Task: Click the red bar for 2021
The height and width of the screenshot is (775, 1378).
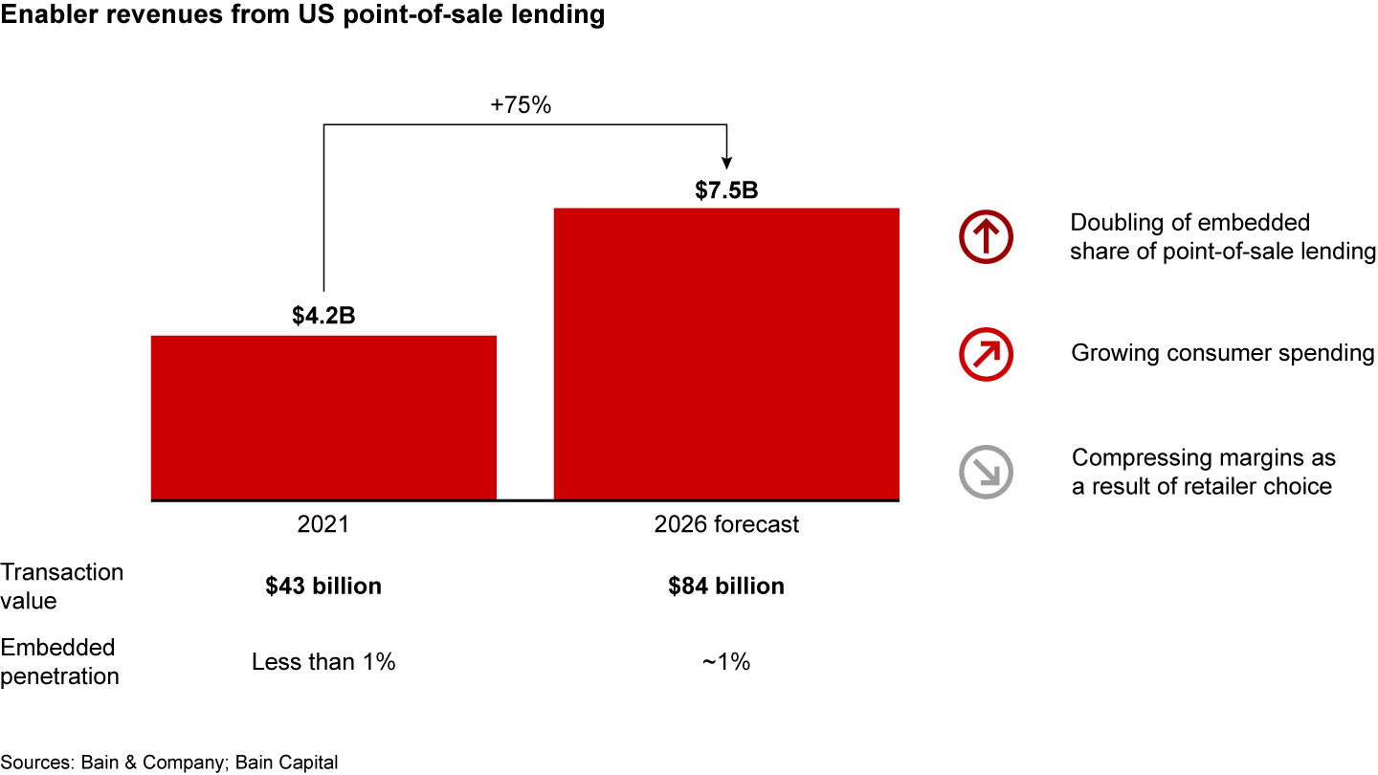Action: tap(323, 417)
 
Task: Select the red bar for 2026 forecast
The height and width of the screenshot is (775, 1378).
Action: tap(726, 353)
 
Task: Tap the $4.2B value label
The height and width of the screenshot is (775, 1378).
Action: tap(323, 316)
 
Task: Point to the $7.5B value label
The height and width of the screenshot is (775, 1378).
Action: tap(726, 189)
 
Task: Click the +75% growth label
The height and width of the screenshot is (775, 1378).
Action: tap(521, 106)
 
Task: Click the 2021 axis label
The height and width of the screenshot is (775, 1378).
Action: tap(323, 525)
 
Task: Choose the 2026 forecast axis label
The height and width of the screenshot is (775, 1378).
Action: tap(726, 525)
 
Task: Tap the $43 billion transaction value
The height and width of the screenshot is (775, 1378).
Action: tap(323, 587)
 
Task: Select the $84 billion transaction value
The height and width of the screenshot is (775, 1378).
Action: tap(726, 587)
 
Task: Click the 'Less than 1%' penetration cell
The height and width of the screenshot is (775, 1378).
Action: tap(323, 662)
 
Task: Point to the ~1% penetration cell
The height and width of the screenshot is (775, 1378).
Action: tap(726, 662)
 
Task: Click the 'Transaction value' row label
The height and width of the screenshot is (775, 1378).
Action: tap(62, 587)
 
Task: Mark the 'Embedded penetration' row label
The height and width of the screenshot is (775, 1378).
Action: tap(59, 662)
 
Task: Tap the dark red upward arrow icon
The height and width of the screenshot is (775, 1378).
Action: tap(986, 237)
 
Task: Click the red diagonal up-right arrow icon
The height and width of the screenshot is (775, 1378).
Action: tap(986, 354)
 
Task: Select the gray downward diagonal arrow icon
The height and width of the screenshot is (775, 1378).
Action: tap(986, 472)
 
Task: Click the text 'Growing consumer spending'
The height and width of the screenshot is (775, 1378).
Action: tap(1222, 353)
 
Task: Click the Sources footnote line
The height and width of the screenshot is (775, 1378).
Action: tap(169, 763)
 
